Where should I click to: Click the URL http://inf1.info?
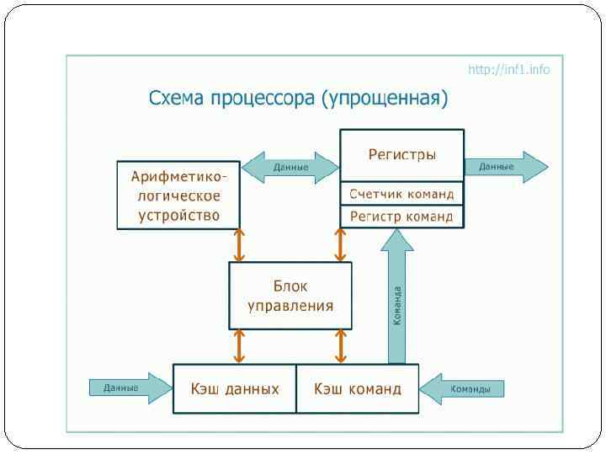tap(508, 69)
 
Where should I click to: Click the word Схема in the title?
tap(175, 99)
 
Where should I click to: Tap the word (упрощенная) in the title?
tap(385, 99)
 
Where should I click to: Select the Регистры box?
tap(401, 155)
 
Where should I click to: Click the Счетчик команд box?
tap(401, 194)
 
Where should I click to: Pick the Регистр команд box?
tap(401, 217)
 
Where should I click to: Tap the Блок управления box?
tap(290, 295)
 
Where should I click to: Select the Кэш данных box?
tap(234, 388)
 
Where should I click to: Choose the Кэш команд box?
tap(358, 388)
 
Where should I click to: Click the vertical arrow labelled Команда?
tap(397, 299)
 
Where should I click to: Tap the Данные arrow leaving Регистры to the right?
tap(505, 167)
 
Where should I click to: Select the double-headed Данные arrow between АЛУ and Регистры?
tap(290, 167)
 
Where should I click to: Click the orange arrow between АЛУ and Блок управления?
tap(240, 245)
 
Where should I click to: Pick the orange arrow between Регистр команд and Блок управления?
tap(340, 245)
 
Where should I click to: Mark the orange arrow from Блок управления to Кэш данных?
tap(240, 345)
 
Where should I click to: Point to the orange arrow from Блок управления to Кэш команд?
tap(340, 345)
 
